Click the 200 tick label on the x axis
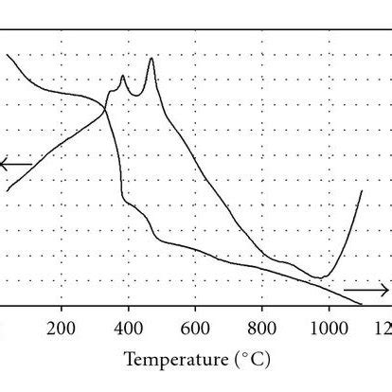coord(61,329)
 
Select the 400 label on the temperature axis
coord(128,329)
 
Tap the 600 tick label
coord(195,329)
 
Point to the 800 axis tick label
coord(262,329)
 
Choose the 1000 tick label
coord(330,329)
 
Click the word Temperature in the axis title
coord(177,360)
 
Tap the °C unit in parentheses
coord(253,360)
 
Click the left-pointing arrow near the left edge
coord(16,164)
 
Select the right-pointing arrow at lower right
coord(366,290)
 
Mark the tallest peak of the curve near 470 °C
coord(151,58)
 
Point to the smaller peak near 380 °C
coord(122,75)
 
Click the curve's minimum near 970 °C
coord(320,277)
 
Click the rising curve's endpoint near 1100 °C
coord(362,190)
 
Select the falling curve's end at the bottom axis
coord(362,305)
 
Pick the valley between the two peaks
coord(136,96)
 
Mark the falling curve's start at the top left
coord(7,55)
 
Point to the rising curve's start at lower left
coord(7,190)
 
